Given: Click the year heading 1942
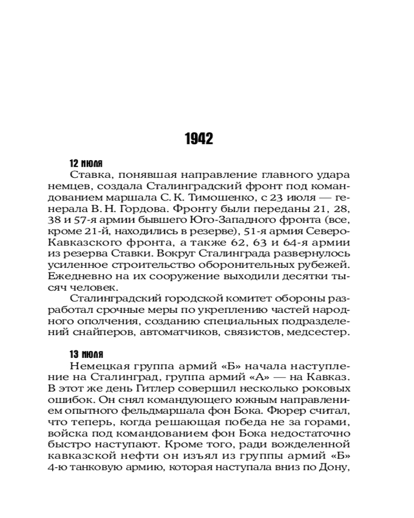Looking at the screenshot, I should (x=199, y=139).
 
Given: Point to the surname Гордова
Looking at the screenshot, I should (x=149, y=210).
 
